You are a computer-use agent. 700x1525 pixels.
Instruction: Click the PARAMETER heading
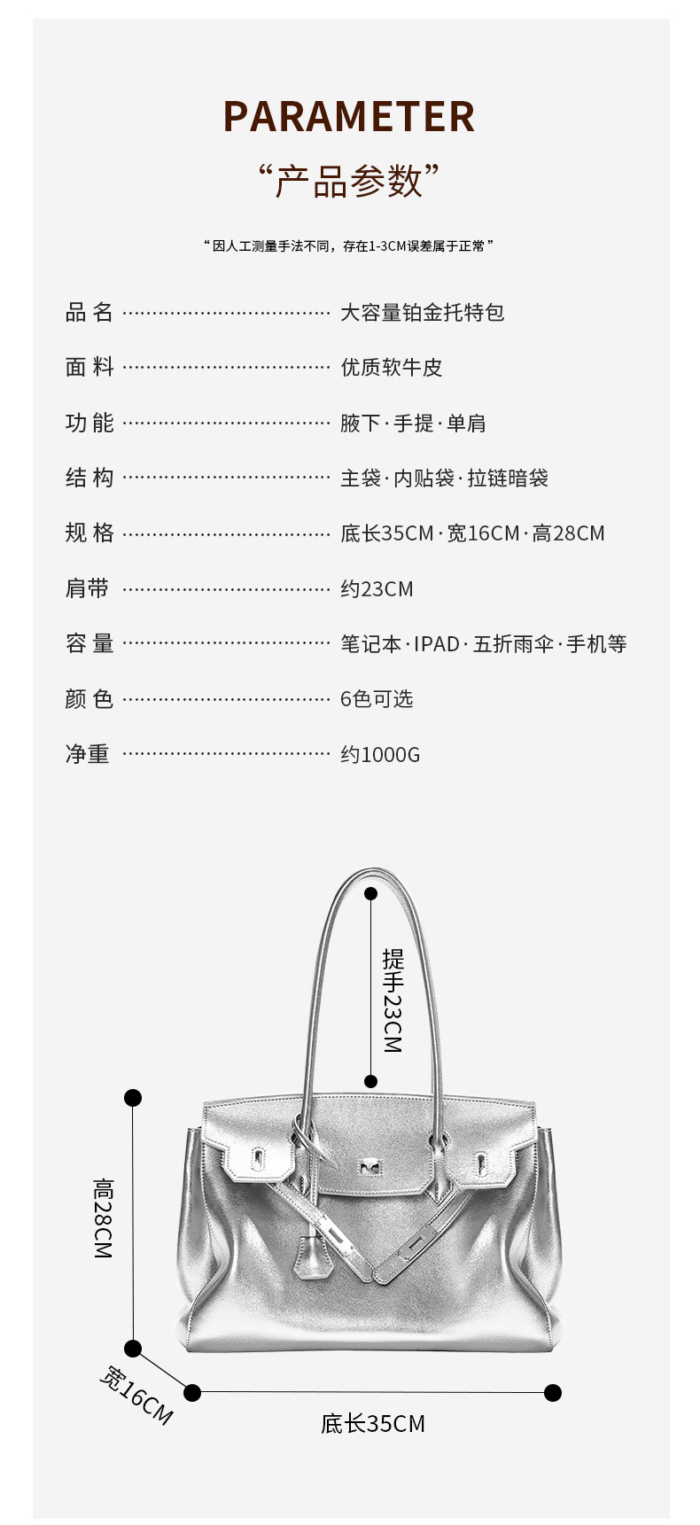[349, 117]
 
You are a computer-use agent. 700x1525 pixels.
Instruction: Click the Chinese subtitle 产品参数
[349, 181]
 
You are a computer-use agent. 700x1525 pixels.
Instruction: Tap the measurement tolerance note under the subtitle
[349, 246]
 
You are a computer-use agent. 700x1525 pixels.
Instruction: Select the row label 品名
[89, 312]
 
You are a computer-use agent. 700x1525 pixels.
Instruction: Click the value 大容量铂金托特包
[422, 312]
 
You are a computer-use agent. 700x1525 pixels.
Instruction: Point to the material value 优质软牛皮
[391, 368]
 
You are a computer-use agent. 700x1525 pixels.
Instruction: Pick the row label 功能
[89, 423]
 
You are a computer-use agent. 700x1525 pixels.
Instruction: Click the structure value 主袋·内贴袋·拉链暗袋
[444, 479]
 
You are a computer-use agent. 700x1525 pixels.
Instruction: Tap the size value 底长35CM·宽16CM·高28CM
[472, 533]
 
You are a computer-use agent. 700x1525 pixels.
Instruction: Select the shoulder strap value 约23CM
[377, 589]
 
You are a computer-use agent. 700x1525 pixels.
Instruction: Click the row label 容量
[89, 644]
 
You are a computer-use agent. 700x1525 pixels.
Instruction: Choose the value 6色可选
[377, 699]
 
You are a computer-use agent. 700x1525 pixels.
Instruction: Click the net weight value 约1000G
[380, 755]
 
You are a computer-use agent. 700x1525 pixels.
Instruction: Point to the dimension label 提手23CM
[393, 1000]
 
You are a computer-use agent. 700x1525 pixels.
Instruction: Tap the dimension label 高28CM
[104, 1218]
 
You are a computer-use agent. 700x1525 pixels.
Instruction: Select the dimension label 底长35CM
[373, 1424]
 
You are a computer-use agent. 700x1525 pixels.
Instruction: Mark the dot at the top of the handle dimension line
[370, 894]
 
